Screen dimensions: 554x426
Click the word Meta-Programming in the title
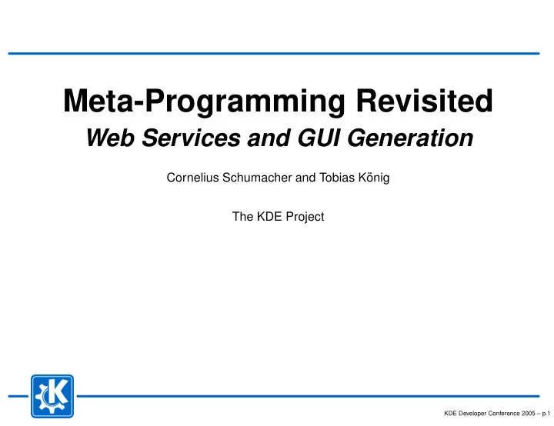(204, 102)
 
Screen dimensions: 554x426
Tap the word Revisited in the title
(424, 101)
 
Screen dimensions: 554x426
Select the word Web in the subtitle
(110, 138)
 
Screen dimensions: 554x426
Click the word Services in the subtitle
(191, 138)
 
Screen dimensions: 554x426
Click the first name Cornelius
(193, 178)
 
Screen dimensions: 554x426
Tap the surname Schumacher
(257, 178)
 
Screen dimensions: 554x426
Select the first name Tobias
(337, 178)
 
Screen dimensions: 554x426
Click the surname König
(374, 178)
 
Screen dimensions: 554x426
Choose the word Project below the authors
(305, 218)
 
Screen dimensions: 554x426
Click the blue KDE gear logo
(52, 396)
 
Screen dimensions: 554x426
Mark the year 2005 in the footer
(528, 413)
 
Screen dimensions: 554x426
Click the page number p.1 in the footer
(546, 414)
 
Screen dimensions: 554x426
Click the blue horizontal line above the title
(274, 54)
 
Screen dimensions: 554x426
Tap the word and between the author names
(305, 178)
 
